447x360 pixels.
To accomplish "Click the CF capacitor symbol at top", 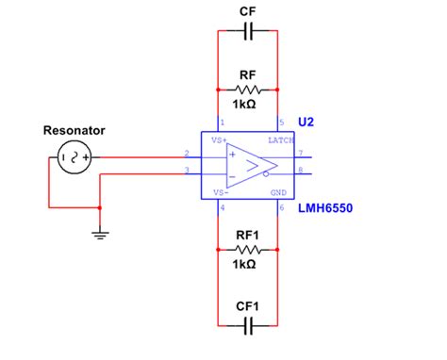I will (x=248, y=32).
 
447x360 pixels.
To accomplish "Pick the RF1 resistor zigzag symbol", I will (x=248, y=249).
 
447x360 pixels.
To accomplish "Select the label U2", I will (x=307, y=123).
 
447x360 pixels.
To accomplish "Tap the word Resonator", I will (x=74, y=130).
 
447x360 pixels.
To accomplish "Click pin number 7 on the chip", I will (x=301, y=152).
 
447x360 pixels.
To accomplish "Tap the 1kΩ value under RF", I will (x=248, y=104).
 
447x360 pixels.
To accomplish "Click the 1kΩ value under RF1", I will (x=248, y=265).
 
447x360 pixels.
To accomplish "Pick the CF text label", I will (x=248, y=11).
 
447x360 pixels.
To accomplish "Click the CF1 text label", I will (x=248, y=304).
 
